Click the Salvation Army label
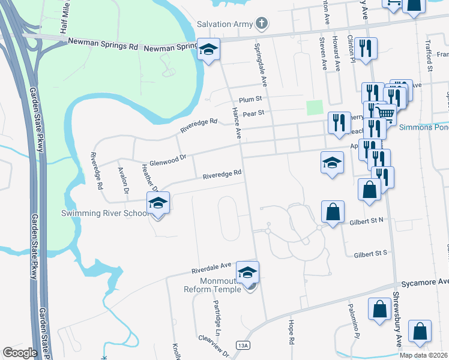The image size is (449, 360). (224, 24)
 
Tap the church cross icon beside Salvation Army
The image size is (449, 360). (261, 24)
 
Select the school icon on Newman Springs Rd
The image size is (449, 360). (208, 49)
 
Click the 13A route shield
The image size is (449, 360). (243, 345)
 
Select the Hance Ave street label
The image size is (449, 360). (237, 123)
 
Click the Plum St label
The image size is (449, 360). (250, 99)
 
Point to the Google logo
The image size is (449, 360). (20, 352)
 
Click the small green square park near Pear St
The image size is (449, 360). (314, 107)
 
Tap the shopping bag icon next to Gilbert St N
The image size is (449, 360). (332, 211)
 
